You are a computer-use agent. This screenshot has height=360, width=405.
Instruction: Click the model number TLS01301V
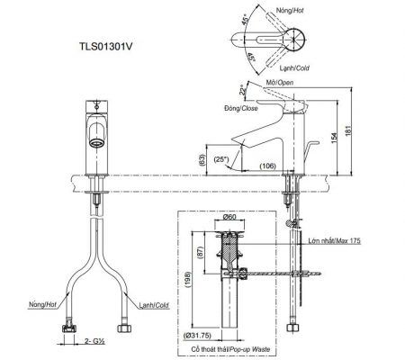point(105,47)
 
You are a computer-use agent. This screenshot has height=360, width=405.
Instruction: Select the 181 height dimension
point(347,130)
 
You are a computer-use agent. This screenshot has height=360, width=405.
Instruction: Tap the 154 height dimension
point(334,137)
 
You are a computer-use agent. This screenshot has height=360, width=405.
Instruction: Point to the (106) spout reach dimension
point(267,166)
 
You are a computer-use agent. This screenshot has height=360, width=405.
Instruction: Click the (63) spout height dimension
point(202,160)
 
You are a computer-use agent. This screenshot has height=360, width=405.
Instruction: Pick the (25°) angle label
point(221,159)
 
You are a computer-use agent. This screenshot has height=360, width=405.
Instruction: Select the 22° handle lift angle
point(243,90)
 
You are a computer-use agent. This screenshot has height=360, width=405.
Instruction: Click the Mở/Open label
point(280,83)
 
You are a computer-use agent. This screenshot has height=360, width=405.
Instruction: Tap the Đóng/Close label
point(241,108)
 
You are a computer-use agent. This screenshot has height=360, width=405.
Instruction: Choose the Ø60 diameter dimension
point(230,217)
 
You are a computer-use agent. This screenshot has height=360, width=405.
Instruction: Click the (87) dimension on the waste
point(201,253)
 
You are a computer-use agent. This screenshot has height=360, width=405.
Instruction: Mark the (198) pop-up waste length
point(188,280)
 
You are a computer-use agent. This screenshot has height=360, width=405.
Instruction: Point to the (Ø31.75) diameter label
point(198,336)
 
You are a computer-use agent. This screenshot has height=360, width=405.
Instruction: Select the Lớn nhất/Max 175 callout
point(335,240)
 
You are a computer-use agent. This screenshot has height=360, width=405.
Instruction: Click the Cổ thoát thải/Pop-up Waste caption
point(230,349)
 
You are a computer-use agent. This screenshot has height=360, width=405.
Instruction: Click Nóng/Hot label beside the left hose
point(42,305)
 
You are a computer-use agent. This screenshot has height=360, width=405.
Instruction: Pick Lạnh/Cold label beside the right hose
point(154,305)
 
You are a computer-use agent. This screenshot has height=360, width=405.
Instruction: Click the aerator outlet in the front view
point(97,143)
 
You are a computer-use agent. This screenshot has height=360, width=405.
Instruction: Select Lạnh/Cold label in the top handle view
point(294,68)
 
